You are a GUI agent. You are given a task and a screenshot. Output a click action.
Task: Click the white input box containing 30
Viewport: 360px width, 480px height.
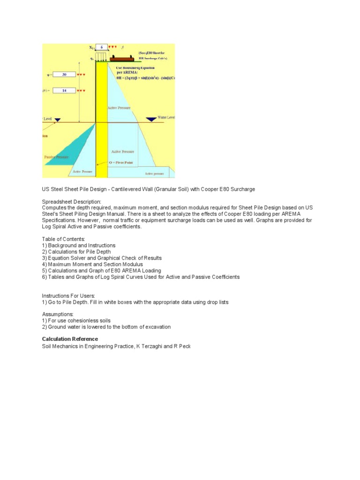coord(64,75)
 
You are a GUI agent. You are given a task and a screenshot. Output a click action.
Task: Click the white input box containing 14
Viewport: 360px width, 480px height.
coord(64,90)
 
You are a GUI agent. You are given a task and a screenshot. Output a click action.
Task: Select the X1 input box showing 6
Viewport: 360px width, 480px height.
coord(101,47)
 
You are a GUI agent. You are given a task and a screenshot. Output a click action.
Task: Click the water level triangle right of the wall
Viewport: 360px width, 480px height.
coord(151,120)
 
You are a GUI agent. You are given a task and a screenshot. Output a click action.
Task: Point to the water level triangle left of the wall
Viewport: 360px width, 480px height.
coord(57,120)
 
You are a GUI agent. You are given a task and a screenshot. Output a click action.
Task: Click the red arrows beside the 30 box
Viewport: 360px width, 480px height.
coord(82,75)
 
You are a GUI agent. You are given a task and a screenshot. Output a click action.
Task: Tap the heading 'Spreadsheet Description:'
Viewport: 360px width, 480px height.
coord(71,202)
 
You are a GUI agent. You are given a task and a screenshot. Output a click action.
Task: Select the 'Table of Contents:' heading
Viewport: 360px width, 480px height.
coord(64,239)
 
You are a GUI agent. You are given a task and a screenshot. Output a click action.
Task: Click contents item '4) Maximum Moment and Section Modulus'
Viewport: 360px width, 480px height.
coord(92,264)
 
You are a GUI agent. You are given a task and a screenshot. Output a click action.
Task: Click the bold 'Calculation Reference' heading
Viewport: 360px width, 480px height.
coord(70,339)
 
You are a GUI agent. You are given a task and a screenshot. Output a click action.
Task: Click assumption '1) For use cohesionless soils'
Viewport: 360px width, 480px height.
coord(76,321)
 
